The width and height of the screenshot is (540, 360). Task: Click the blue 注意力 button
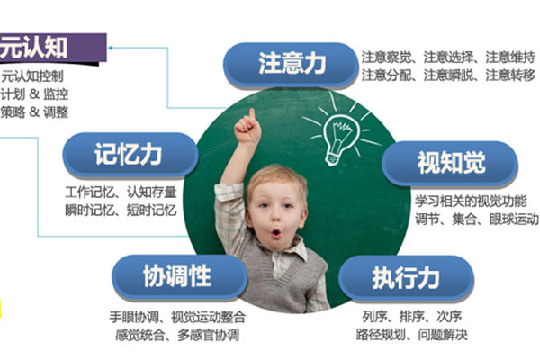(x=291, y=65)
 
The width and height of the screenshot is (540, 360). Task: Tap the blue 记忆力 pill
(x=130, y=155)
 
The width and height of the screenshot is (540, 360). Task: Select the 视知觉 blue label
(x=450, y=163)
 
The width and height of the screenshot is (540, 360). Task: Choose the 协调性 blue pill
(x=179, y=276)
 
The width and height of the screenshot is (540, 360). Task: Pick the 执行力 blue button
(x=407, y=278)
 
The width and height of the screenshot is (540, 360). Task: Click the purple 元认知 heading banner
(x=51, y=49)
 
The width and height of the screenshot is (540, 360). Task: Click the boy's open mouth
(x=276, y=234)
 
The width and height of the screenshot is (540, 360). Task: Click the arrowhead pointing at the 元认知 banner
(x=111, y=48)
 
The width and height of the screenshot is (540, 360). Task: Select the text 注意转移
(x=510, y=76)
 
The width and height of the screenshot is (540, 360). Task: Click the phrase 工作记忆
(x=90, y=193)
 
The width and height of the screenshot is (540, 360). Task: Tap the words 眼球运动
(x=514, y=219)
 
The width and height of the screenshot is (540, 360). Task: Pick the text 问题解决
(x=443, y=335)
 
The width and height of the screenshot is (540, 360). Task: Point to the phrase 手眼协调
(x=134, y=317)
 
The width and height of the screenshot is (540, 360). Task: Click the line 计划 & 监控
(x=34, y=94)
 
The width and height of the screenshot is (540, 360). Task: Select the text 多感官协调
(x=209, y=335)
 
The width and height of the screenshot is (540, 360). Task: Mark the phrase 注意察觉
(x=386, y=58)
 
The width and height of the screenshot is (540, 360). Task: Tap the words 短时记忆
(x=151, y=210)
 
